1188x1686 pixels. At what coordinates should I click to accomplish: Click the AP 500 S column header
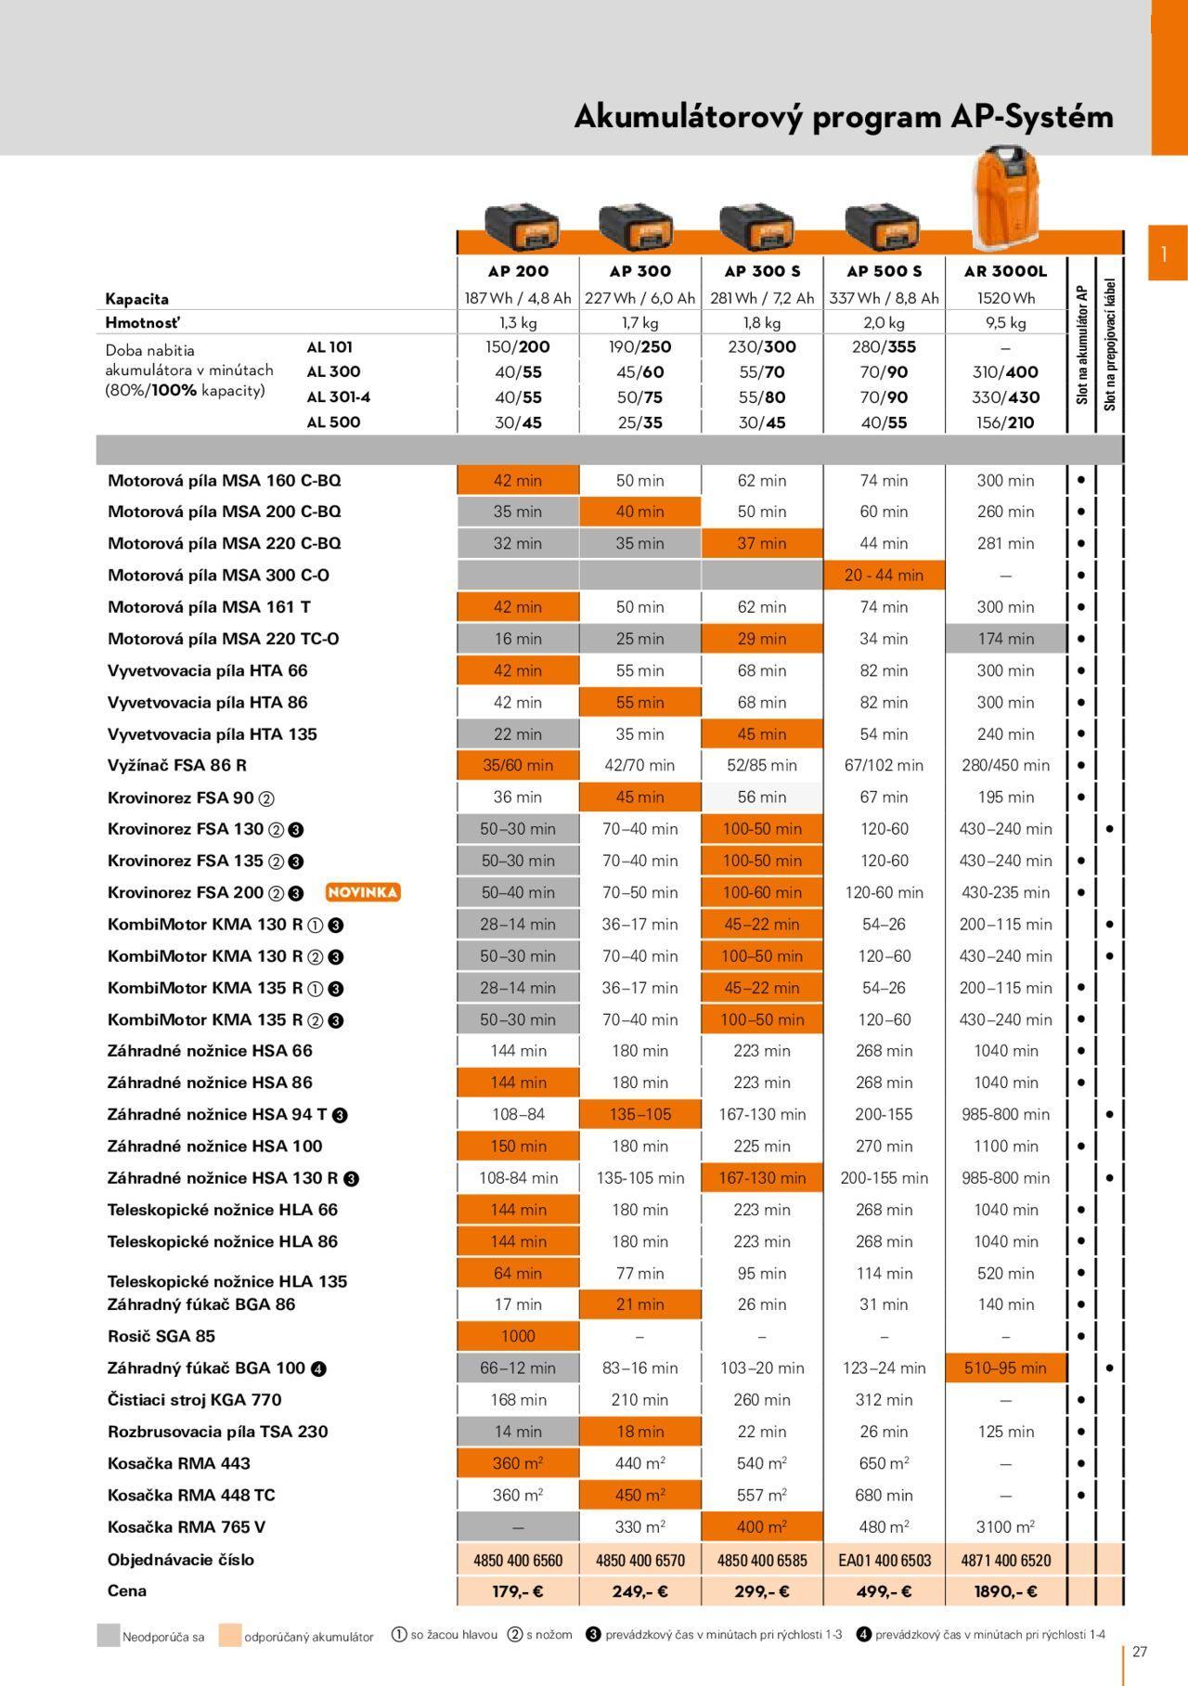click(884, 271)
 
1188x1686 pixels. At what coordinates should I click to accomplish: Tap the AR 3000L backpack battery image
click(1005, 192)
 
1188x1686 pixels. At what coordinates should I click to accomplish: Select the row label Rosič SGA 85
click(161, 1336)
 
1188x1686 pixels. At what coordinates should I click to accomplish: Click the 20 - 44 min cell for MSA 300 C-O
click(884, 575)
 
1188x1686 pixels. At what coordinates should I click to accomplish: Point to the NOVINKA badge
click(363, 892)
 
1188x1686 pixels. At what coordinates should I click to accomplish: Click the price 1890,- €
click(1005, 1591)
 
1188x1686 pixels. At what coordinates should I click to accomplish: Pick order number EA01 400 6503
click(884, 1561)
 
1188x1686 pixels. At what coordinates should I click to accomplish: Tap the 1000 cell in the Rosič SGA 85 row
click(518, 1336)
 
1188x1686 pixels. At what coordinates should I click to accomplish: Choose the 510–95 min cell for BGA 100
click(1005, 1368)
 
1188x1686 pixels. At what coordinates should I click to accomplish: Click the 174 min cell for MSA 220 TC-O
click(1005, 639)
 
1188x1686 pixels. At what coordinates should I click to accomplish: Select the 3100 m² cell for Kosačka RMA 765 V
click(1005, 1527)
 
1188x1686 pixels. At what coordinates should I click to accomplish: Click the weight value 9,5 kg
click(1005, 323)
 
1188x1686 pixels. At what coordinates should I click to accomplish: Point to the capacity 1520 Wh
click(1005, 298)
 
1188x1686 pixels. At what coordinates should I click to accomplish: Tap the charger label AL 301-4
click(339, 397)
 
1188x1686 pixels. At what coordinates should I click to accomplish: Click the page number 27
click(1140, 1652)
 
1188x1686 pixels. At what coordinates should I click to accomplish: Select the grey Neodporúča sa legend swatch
click(109, 1636)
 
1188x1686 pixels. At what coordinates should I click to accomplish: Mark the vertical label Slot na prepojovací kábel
click(1110, 344)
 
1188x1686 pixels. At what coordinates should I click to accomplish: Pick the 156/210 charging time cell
click(1005, 422)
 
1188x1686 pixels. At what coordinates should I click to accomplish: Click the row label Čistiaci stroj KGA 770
click(194, 1400)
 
